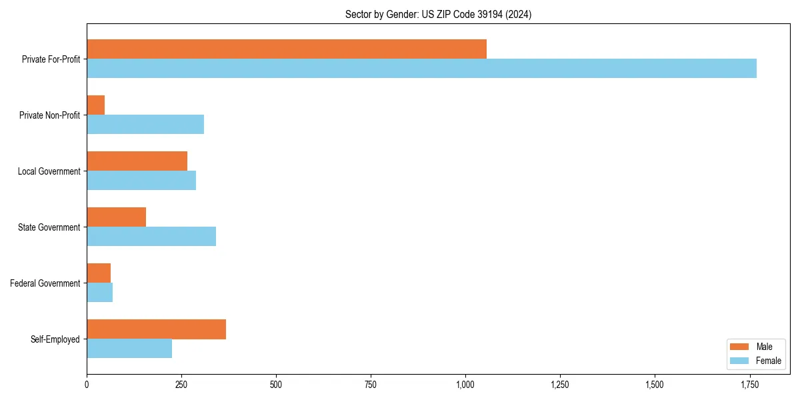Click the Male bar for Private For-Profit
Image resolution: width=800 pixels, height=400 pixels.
click(287, 49)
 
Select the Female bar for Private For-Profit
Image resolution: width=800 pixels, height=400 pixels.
click(421, 68)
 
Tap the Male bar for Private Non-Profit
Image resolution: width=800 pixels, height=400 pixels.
click(96, 105)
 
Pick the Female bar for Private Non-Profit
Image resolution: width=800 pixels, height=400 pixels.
click(145, 124)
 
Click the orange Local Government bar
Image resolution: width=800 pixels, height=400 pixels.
click(137, 161)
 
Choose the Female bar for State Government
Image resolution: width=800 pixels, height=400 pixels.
click(151, 236)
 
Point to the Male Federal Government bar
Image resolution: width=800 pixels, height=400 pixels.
click(99, 273)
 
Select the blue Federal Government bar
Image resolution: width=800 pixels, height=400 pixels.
click(100, 292)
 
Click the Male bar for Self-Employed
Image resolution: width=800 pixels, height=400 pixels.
click(156, 329)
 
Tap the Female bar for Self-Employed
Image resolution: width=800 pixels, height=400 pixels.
click(129, 348)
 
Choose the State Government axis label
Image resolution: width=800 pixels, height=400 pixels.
click(49, 227)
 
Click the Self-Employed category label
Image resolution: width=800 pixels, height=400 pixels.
click(55, 339)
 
